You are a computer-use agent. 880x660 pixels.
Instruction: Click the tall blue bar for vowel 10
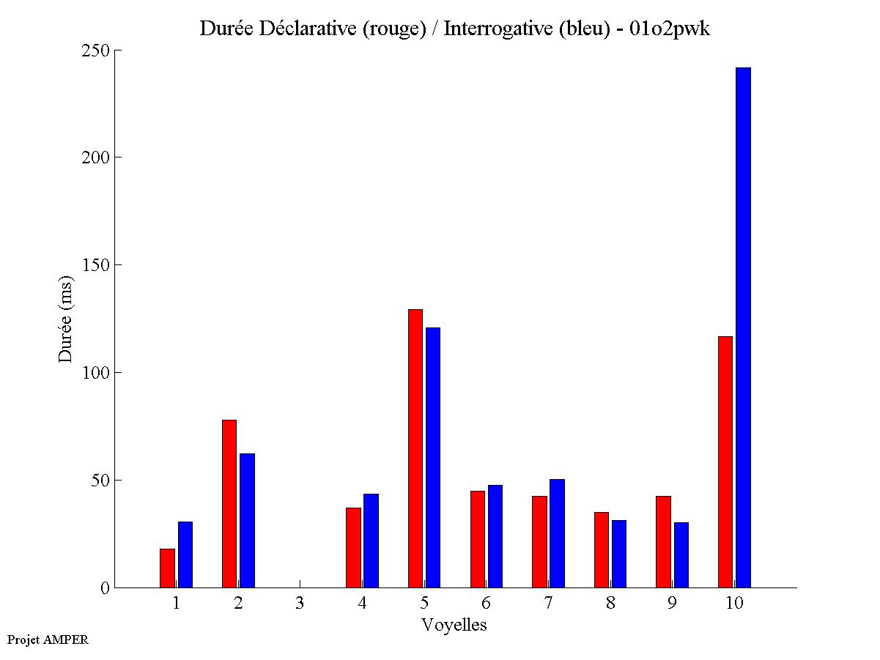coord(743,327)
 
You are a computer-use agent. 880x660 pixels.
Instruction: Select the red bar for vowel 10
coord(725,461)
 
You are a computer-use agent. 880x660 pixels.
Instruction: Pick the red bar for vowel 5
coord(415,448)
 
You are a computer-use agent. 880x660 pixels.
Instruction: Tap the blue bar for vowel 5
coord(433,457)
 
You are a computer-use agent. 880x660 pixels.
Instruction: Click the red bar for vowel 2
coord(229,503)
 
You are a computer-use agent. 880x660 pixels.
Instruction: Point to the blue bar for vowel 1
coord(185,555)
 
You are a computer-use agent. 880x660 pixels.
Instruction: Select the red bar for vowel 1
coord(167,568)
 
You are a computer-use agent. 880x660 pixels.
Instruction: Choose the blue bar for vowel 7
coord(557,533)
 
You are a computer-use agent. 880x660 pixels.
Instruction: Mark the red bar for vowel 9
coord(663,541)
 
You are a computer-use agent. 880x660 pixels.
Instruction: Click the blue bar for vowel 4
coord(371,541)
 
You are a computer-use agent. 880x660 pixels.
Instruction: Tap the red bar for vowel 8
coord(601,549)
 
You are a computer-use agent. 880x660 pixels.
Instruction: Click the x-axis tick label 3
coord(300,604)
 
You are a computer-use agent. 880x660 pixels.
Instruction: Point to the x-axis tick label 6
coord(486,604)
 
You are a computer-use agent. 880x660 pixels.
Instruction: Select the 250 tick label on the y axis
coord(95,51)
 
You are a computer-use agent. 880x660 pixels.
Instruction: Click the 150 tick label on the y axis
coord(95,265)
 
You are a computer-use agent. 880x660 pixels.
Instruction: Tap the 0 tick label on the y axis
coord(105,587)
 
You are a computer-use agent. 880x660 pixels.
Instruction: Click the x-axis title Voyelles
coord(454,626)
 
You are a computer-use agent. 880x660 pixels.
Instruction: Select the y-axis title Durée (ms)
coord(66,319)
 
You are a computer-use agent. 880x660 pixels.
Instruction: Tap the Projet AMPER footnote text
coord(48,639)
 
